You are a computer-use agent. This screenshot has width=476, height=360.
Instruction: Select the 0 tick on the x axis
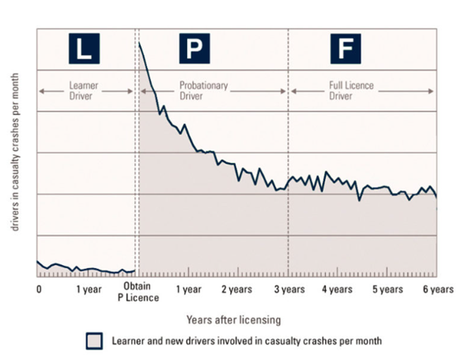(x=38, y=290)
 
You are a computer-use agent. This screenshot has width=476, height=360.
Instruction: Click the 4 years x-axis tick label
(x=338, y=290)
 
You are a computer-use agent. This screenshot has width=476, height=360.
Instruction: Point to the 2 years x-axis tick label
(x=237, y=290)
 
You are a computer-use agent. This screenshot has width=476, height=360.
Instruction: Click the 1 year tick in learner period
(x=89, y=290)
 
